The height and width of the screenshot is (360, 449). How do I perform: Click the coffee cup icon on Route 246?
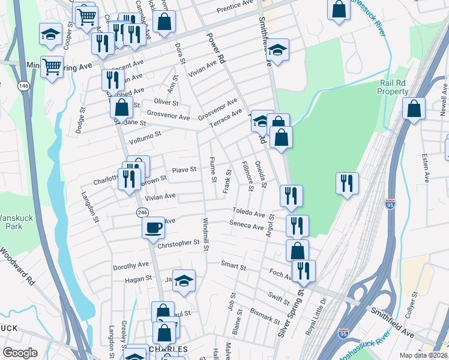point(153,227)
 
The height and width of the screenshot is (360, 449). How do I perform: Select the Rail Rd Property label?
point(393,87)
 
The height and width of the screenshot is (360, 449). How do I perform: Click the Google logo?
point(20,353)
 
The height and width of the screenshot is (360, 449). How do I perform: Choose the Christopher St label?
point(178,243)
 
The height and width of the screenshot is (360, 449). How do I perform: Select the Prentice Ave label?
point(235,5)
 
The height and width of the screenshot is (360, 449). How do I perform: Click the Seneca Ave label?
point(247,227)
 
